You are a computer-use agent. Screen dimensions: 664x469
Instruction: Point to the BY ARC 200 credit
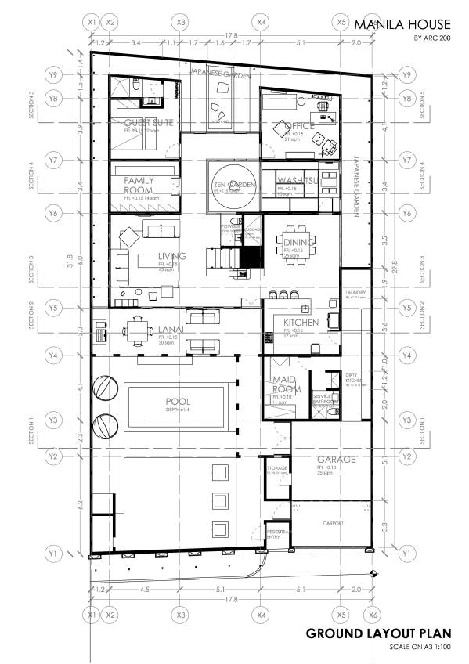tap(432, 38)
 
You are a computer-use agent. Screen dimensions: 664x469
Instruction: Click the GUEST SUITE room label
tap(149, 123)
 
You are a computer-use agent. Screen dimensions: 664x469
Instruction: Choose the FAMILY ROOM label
tap(139, 186)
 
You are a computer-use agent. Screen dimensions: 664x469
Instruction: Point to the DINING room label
tap(298, 243)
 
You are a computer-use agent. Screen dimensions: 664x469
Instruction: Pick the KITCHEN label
tap(301, 323)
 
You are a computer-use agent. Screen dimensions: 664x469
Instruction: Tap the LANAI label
tap(171, 330)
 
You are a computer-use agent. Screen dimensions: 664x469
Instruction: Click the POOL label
tap(177, 400)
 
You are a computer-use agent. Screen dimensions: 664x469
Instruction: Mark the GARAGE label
tap(336, 459)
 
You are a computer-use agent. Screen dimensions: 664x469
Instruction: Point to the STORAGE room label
tap(278, 468)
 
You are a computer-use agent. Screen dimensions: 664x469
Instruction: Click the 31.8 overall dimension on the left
tap(70, 258)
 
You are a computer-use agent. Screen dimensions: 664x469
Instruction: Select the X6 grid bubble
tap(373, 615)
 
